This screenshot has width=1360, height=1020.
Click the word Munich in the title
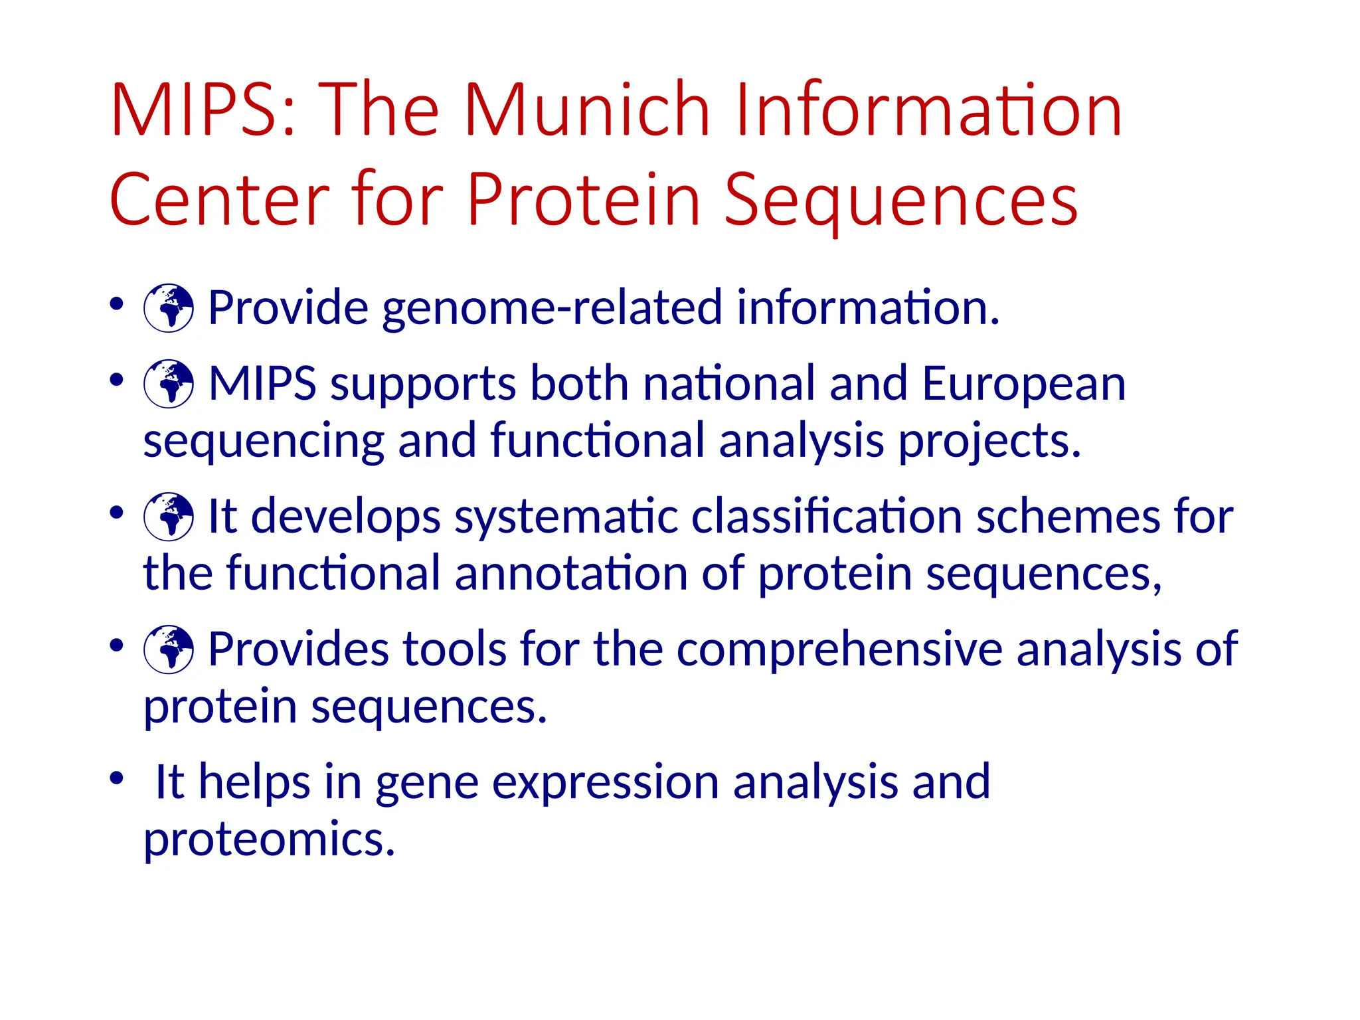click(x=587, y=110)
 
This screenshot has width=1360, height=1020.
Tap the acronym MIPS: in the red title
click(x=203, y=110)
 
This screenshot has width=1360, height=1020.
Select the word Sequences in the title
click(x=900, y=199)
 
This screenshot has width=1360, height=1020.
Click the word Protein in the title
click(x=584, y=199)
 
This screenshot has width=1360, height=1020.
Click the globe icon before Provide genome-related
click(x=169, y=308)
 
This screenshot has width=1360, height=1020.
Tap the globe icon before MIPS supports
click(x=169, y=384)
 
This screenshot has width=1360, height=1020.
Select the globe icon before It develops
click(x=169, y=517)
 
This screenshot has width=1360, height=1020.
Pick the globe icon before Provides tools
click(x=169, y=649)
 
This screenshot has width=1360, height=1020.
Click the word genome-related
click(x=552, y=308)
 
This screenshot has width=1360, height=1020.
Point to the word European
click(x=1024, y=384)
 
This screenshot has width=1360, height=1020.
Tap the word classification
click(x=826, y=517)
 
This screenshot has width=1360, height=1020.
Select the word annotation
click(x=571, y=574)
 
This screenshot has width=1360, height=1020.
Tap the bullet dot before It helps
click(x=117, y=778)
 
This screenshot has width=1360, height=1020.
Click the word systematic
click(x=565, y=517)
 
